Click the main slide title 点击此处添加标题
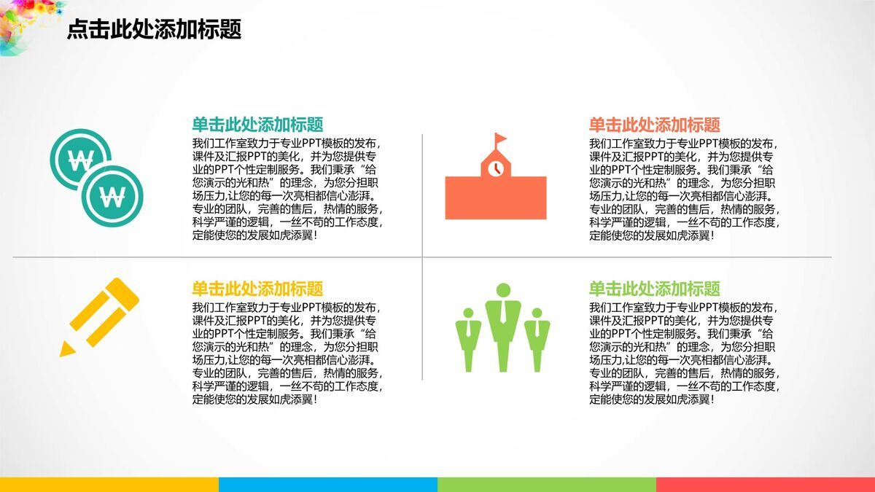[x=155, y=29]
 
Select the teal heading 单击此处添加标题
[x=257, y=125]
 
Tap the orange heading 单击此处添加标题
[x=654, y=125]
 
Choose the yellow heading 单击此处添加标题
[x=257, y=289]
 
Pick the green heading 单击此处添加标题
[x=654, y=289]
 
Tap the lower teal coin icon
[x=112, y=196]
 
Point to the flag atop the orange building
[x=500, y=138]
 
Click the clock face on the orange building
[x=496, y=168]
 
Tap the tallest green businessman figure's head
[x=504, y=290]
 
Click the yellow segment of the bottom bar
[x=109, y=485]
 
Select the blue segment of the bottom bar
[x=328, y=485]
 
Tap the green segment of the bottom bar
[x=547, y=485]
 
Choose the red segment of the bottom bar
[x=766, y=485]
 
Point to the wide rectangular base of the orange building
[x=496, y=198]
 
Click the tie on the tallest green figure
[x=504, y=312]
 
